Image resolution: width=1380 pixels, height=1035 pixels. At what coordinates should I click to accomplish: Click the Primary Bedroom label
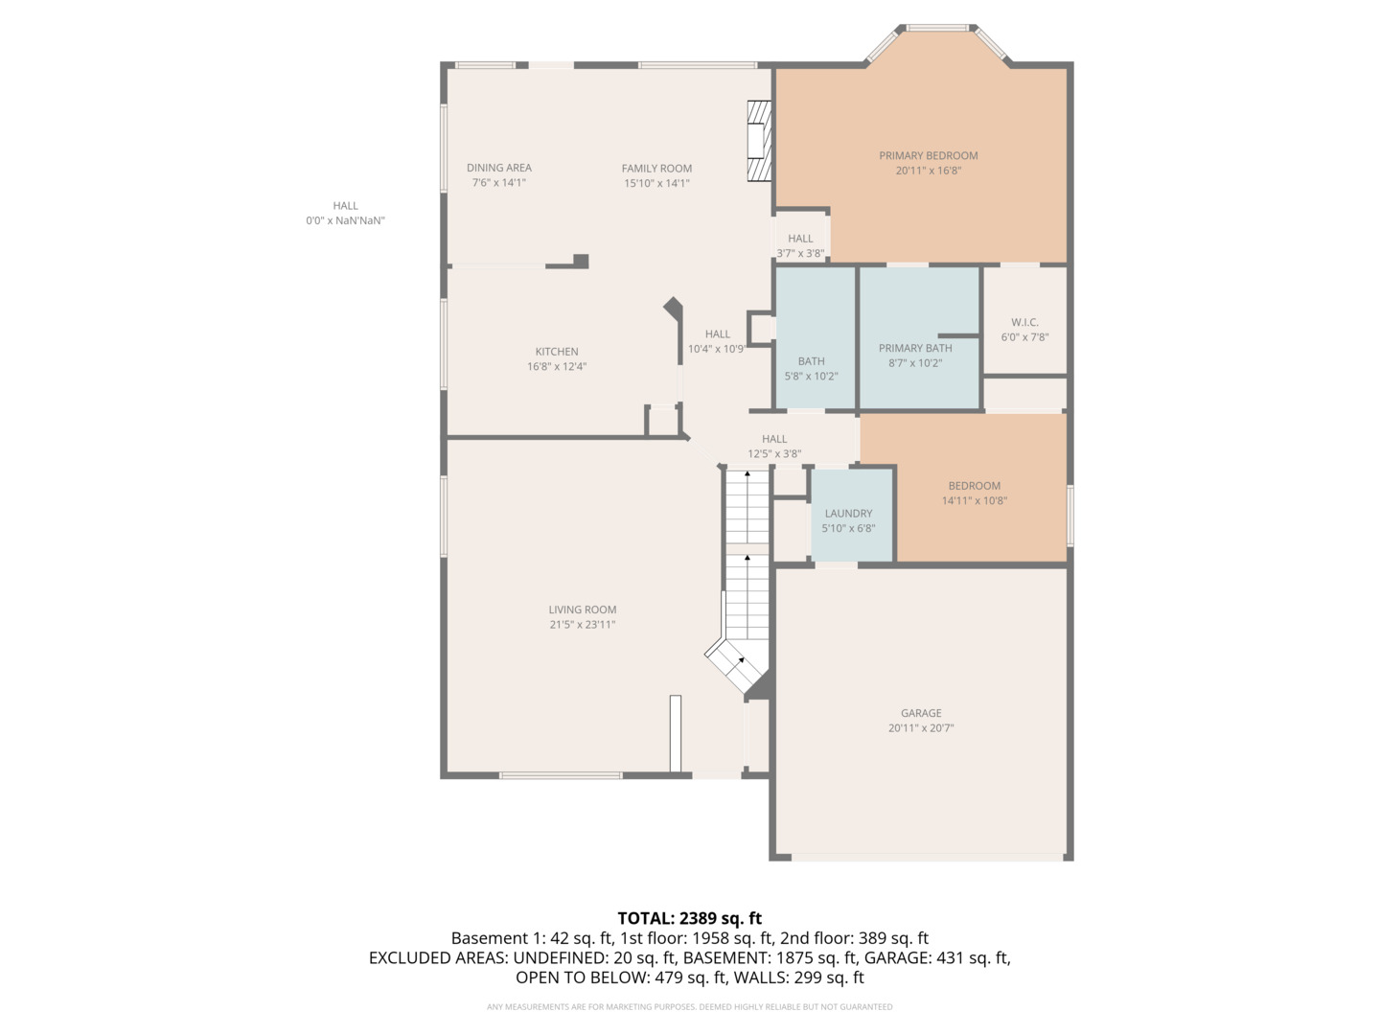(x=928, y=155)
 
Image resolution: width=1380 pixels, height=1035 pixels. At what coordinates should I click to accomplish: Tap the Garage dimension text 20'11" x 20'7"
(x=920, y=728)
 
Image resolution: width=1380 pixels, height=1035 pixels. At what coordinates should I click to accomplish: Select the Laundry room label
(x=848, y=513)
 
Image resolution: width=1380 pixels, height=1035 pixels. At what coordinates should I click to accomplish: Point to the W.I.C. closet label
(x=1024, y=322)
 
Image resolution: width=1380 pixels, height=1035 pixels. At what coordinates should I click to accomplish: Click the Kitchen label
(x=557, y=352)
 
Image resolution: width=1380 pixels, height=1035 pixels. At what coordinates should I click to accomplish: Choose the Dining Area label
(x=498, y=168)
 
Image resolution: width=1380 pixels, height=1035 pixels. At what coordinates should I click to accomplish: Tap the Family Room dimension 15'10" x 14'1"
(x=656, y=183)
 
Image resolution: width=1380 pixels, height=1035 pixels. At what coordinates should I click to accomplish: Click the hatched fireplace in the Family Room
(x=759, y=142)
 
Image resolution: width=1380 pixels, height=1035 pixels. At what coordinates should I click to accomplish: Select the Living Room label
(x=582, y=609)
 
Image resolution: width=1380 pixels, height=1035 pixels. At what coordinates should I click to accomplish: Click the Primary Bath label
(x=915, y=348)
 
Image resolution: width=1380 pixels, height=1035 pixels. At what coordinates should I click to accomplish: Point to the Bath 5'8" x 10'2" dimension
(x=811, y=377)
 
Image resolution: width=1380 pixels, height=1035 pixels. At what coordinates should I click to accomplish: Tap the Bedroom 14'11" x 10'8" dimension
(x=974, y=500)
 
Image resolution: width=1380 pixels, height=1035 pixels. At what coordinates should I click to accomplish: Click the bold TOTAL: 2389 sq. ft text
(x=689, y=918)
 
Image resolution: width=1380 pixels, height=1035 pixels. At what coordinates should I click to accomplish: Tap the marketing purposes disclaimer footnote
(x=689, y=1007)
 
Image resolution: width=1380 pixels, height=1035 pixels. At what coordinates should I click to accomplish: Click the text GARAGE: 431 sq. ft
(x=936, y=957)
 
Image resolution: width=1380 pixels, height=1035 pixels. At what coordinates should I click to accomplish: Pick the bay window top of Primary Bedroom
(x=937, y=29)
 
